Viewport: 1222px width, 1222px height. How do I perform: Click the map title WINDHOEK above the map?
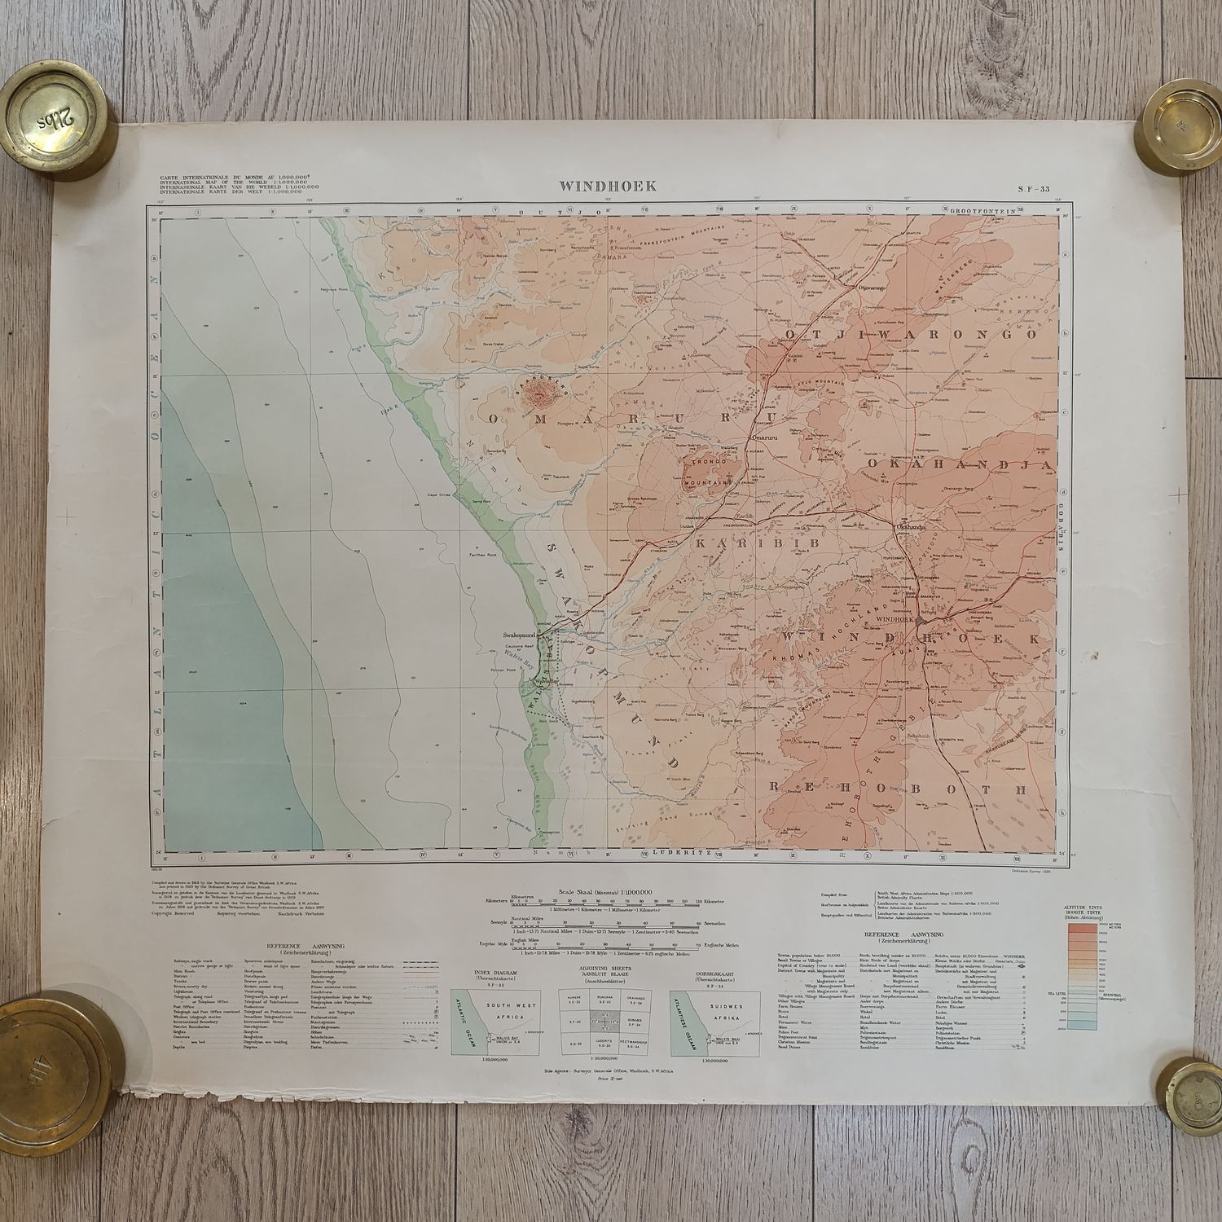[607, 186]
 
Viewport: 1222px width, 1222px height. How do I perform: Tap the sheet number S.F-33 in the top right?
[1033, 188]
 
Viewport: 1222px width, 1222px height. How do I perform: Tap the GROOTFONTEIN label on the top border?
[983, 210]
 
